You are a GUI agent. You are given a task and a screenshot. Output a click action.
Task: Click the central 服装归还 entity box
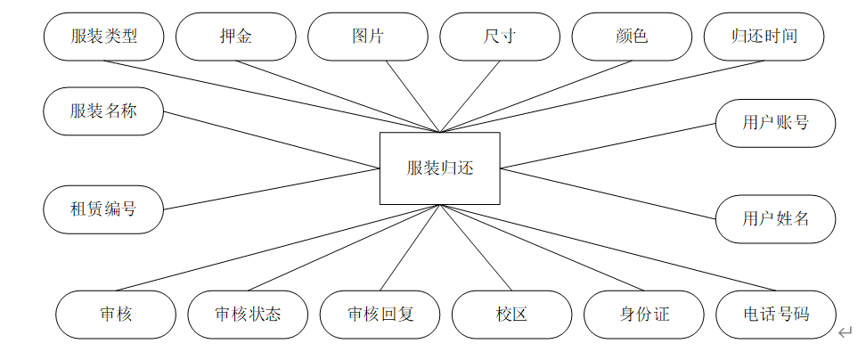coord(439,168)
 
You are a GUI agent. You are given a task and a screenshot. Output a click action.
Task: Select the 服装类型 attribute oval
coord(103,37)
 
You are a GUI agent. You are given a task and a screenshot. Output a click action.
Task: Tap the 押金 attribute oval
coord(235,37)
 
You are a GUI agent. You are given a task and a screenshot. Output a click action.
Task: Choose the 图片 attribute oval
coord(367,37)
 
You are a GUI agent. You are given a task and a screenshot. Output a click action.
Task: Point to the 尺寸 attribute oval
coord(499,37)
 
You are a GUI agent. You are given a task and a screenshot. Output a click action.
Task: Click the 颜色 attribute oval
coord(631,37)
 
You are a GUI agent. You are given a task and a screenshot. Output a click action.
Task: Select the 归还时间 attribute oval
coord(764,37)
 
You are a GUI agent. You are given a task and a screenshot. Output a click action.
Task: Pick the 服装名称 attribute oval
coord(103,111)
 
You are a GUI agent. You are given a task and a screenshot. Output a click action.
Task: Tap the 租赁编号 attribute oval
coord(103,209)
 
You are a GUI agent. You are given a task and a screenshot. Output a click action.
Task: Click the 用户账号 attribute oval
coord(775,123)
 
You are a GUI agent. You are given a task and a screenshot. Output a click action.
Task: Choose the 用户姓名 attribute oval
coord(775,217)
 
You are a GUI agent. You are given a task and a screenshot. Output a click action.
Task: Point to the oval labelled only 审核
coord(116,315)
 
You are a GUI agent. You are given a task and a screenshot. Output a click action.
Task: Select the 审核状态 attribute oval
coord(248,315)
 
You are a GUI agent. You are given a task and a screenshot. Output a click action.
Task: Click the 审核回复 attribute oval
coord(380,315)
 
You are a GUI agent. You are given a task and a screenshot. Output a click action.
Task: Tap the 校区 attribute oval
coord(511,315)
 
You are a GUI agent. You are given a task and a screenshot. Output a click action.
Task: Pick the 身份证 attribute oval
coord(643,315)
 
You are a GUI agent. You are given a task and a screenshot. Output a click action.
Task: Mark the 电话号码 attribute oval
coord(775,315)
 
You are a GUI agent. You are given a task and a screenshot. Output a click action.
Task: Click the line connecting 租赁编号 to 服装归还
coord(272,188)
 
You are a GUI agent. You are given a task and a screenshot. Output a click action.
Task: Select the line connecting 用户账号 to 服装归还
coord(608,146)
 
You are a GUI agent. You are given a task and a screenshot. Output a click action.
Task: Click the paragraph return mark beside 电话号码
coord(845,333)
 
